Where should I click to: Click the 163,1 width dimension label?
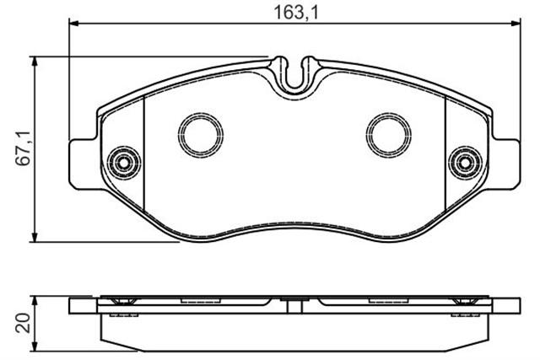pos(296,13)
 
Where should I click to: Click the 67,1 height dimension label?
pos(24,148)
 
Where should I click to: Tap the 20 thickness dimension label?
pos(24,323)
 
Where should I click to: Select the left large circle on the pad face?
pos(201,135)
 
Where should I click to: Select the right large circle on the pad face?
pos(388,135)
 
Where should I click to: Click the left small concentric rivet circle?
pos(123,163)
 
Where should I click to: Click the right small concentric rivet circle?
pos(465,163)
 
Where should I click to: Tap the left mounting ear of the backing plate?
pos(83,164)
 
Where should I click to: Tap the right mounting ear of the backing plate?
pos(506,164)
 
